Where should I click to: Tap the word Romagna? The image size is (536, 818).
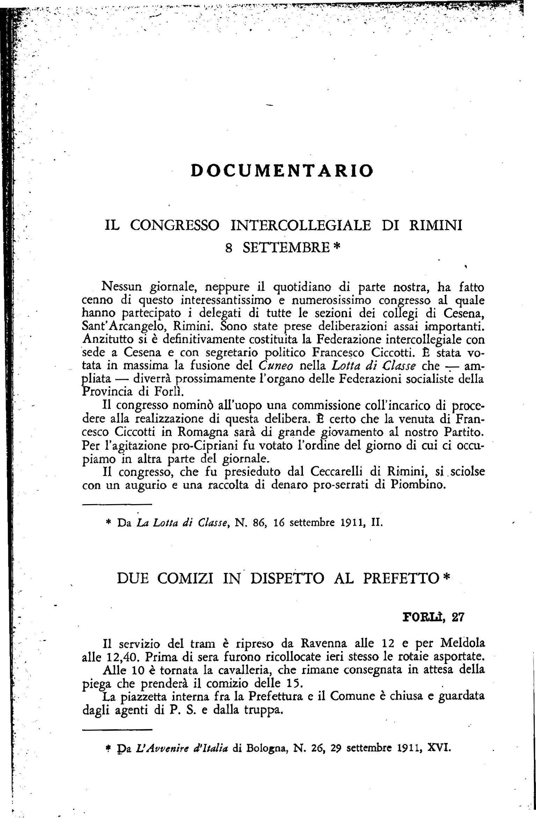tap(203, 432)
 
